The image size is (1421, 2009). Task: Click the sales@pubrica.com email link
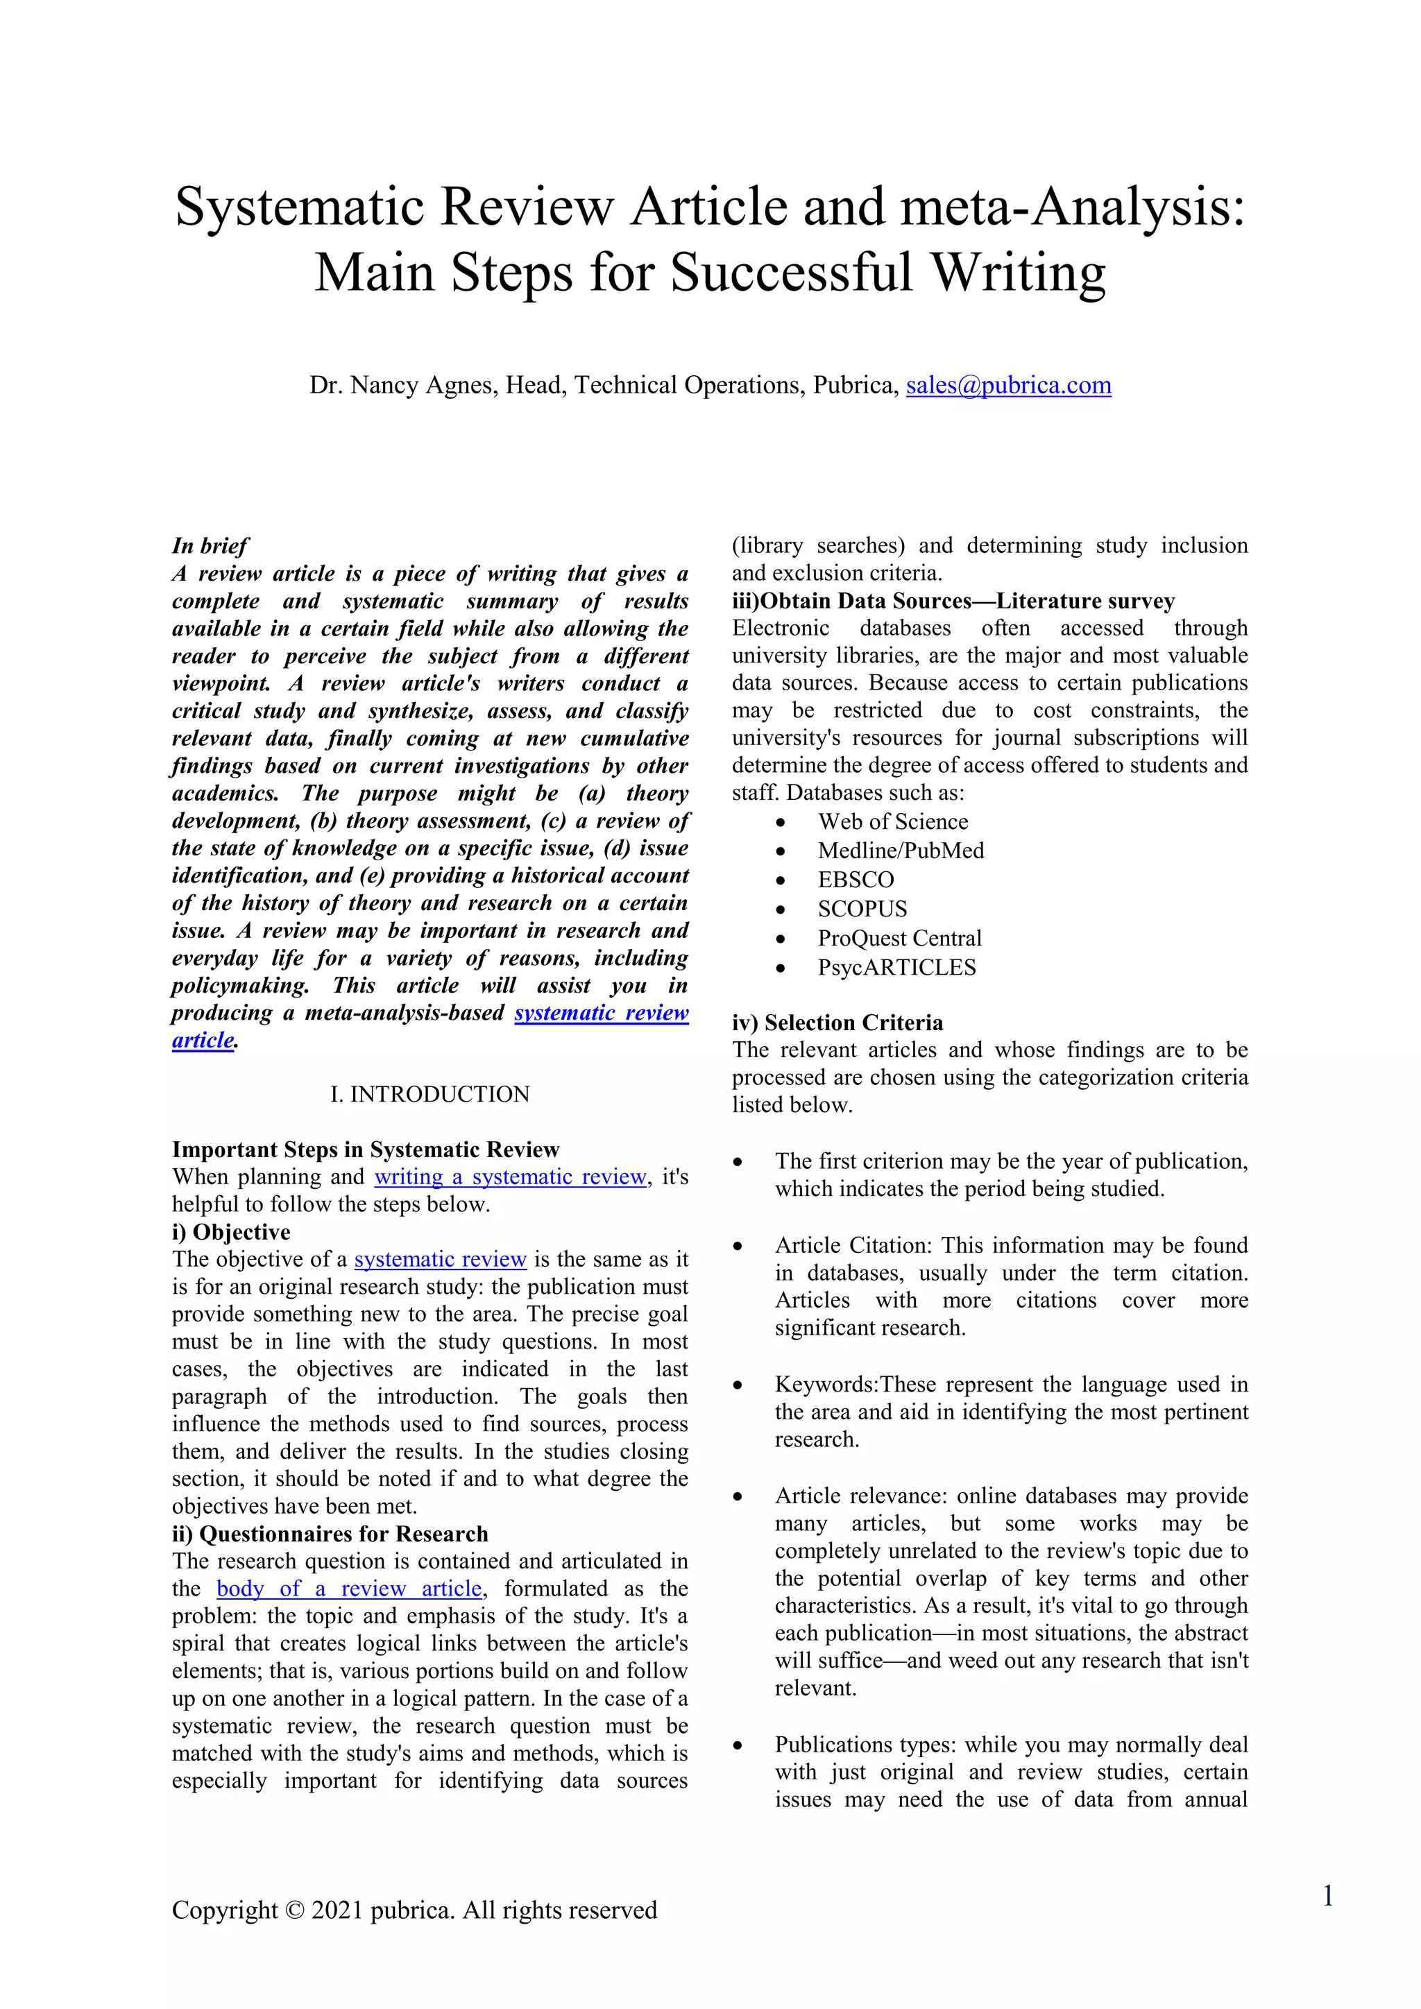pos(1008,385)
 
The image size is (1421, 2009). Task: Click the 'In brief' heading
pos(210,546)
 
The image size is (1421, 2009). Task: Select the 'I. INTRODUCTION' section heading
pos(429,1094)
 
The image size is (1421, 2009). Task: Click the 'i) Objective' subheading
pos(231,1232)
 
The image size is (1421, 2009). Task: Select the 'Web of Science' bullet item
pos(892,821)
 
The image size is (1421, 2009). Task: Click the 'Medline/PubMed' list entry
pos(901,850)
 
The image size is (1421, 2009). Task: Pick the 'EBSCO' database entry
pos(856,880)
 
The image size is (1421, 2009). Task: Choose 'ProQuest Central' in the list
pos(899,938)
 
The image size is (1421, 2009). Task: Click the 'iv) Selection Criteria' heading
pos(837,1022)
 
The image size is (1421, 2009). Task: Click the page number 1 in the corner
pos(1327,1896)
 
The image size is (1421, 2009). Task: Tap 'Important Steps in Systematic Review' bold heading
pos(365,1149)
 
